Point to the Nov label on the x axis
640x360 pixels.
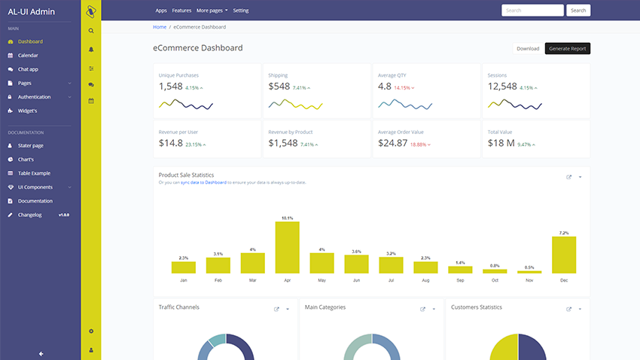point(529,280)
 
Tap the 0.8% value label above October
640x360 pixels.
point(495,266)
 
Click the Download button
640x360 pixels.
point(528,48)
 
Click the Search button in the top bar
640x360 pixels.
point(578,11)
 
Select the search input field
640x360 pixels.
point(532,11)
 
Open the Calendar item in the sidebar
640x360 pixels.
point(28,55)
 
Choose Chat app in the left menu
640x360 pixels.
point(28,69)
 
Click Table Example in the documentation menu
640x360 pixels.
point(34,173)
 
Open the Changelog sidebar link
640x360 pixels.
point(31,215)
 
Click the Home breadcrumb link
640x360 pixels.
point(160,27)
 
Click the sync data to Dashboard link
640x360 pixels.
point(203,182)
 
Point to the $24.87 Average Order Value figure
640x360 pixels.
point(392,143)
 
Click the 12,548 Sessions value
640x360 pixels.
point(502,87)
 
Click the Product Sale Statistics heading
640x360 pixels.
point(186,175)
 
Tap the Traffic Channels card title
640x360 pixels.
point(178,307)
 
